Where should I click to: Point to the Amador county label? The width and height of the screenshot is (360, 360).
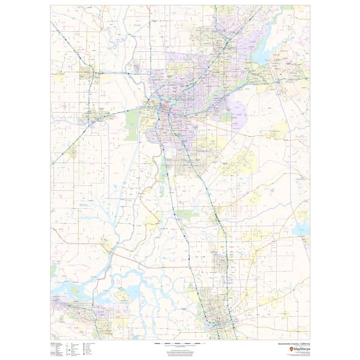point(300,179)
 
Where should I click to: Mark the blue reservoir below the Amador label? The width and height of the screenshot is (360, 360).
point(300,226)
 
